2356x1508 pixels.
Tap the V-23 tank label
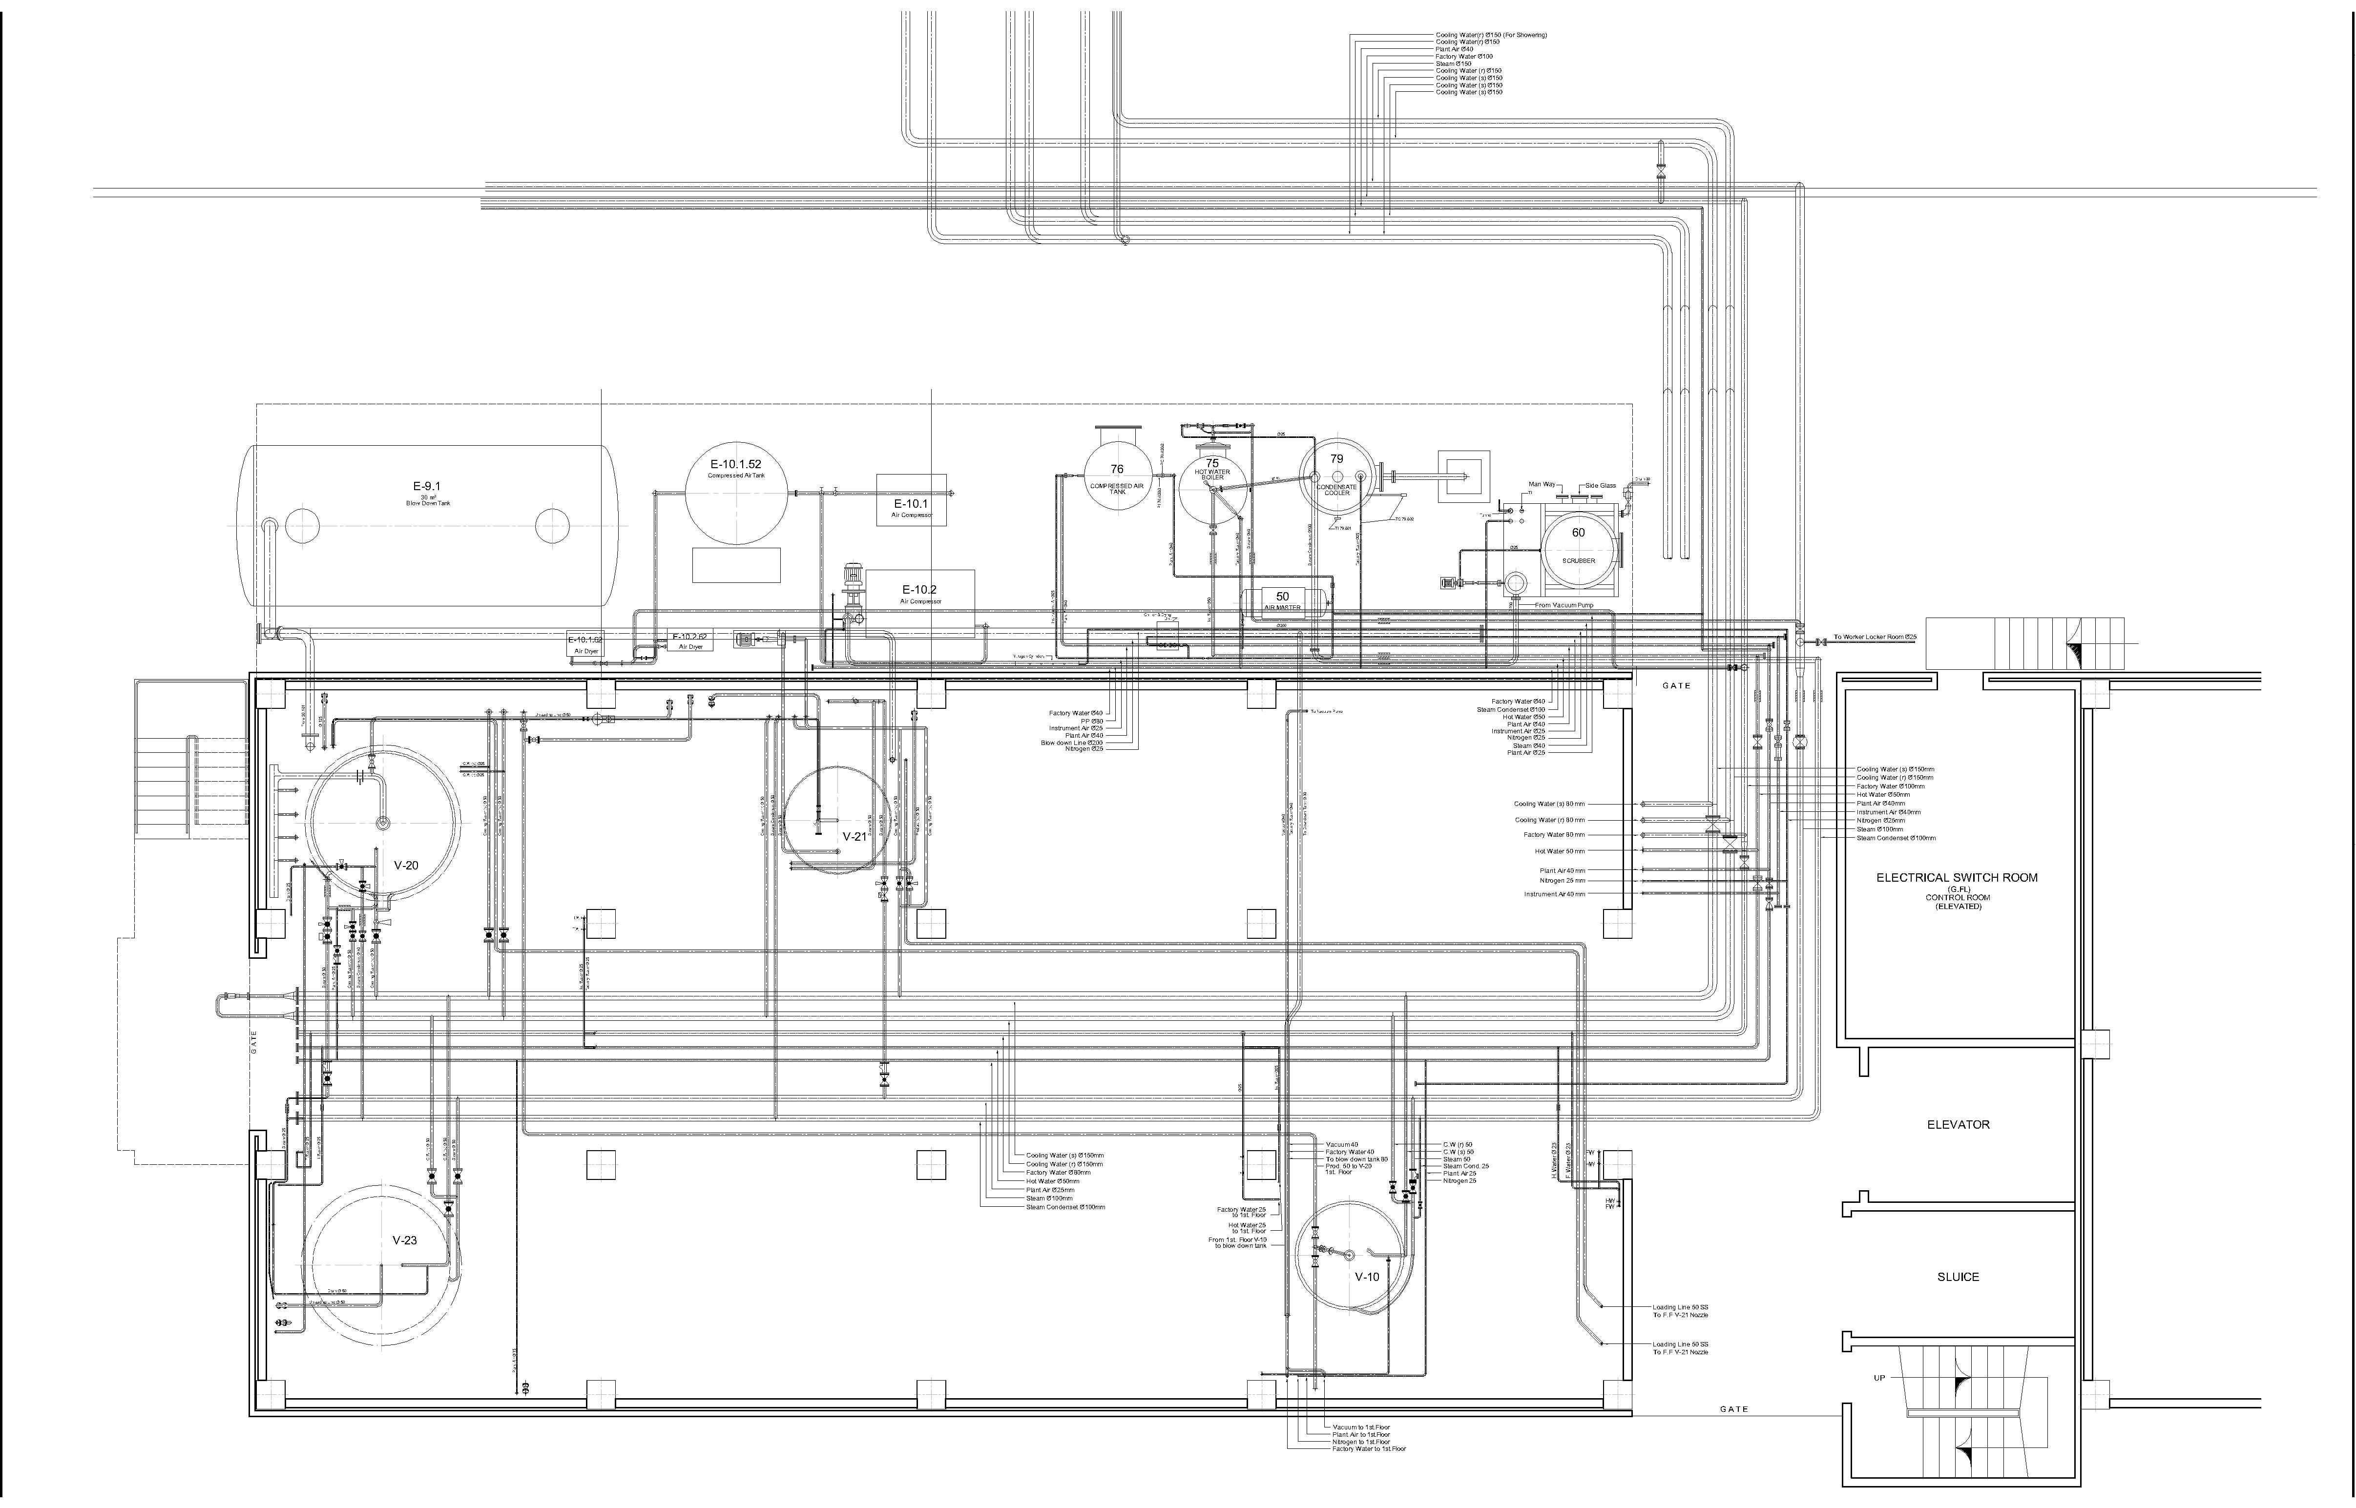click(x=404, y=1239)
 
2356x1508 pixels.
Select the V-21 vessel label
click(x=855, y=836)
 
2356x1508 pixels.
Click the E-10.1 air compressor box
click(x=911, y=500)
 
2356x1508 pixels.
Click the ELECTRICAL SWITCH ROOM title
click(x=1957, y=877)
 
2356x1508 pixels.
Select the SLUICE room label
click(x=1958, y=1277)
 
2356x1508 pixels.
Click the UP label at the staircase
click(x=1879, y=1378)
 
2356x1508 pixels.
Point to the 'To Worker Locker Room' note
click(x=1874, y=638)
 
